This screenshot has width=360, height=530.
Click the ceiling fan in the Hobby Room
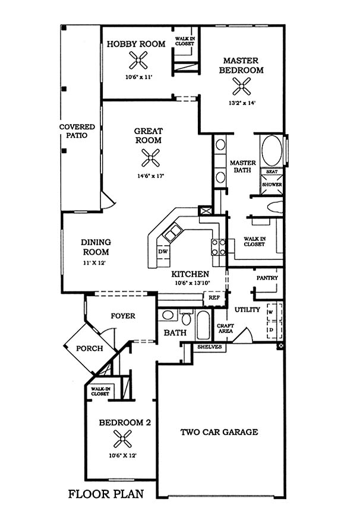point(138,60)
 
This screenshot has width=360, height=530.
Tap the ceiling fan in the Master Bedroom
point(242,86)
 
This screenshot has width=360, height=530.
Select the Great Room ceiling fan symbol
point(150,158)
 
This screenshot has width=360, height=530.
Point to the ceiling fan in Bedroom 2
point(122,439)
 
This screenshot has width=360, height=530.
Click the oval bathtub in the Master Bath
point(272,151)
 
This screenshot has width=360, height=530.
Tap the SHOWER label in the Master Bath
point(272,185)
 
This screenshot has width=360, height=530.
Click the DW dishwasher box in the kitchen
point(163,252)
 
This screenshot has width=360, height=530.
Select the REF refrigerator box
point(214,298)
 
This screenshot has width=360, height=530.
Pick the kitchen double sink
point(173,232)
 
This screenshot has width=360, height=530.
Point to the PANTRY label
point(267,278)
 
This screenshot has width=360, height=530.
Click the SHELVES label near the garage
point(210,347)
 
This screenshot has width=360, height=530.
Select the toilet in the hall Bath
point(186,317)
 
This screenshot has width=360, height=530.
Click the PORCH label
point(89,348)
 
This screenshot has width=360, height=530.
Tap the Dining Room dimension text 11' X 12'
point(94,263)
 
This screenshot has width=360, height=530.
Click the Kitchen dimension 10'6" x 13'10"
point(192,283)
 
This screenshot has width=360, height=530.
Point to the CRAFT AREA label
point(225,328)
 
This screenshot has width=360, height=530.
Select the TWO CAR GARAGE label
point(219,431)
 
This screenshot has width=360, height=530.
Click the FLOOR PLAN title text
point(106,494)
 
